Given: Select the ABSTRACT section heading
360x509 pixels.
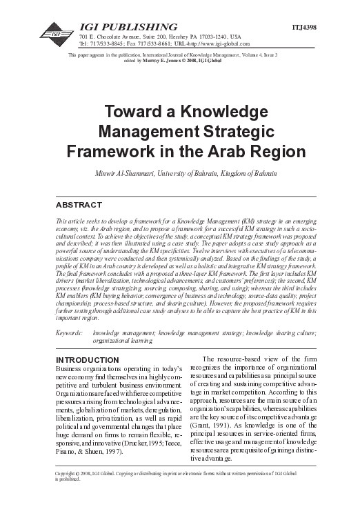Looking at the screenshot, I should (x=78, y=205).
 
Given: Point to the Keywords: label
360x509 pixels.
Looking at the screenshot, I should (x=70, y=332).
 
